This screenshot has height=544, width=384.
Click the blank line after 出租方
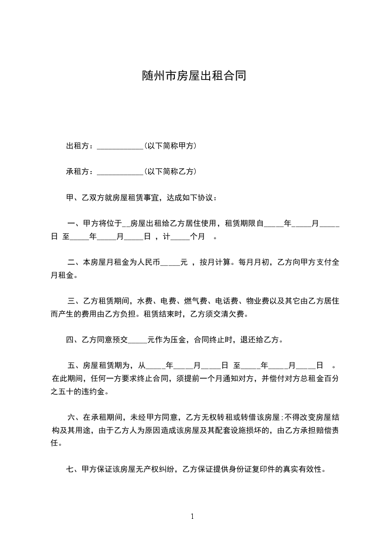coord(120,147)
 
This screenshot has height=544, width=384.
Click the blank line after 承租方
coord(120,173)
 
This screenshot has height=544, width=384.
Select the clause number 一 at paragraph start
coord(72,224)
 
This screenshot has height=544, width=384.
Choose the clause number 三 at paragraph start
coord(72,301)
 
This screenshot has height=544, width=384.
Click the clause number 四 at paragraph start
coord(70,340)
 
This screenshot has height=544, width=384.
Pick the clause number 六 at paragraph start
coord(72,417)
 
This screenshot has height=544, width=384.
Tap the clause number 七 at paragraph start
coord(70,469)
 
